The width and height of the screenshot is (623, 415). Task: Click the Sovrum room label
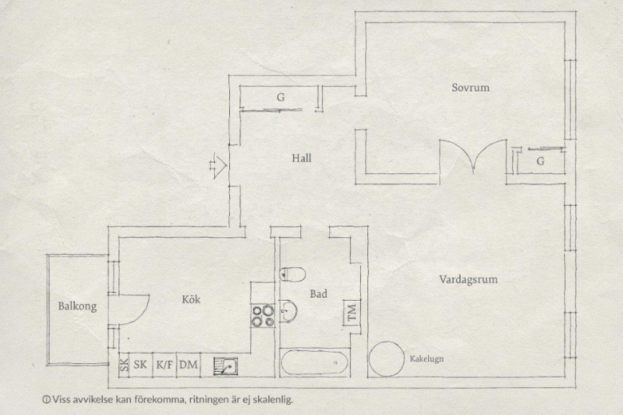[x=470, y=87]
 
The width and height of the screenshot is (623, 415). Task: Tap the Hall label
[x=302, y=158]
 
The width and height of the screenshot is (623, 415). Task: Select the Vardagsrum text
[x=468, y=279]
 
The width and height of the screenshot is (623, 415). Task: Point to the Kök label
[x=191, y=299]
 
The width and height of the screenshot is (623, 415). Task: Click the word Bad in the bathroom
[x=319, y=294]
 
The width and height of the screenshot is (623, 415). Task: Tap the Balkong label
[x=77, y=306]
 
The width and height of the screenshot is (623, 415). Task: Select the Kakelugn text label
[x=427, y=358]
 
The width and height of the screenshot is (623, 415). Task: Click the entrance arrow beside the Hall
[x=218, y=165]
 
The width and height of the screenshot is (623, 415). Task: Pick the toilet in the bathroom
[x=292, y=274]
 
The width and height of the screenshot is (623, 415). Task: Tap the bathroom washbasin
[x=288, y=310]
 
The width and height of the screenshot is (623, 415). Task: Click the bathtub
[x=314, y=362]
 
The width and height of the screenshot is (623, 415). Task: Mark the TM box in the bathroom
[x=352, y=313]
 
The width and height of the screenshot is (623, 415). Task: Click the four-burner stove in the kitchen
[x=263, y=315]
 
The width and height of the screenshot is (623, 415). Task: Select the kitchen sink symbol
[x=226, y=366]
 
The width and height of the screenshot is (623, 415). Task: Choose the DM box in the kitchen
[x=188, y=365]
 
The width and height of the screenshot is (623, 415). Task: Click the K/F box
[x=165, y=365]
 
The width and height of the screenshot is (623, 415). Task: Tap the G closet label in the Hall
[x=280, y=97]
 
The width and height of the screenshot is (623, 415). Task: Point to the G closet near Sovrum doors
[x=541, y=161]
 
